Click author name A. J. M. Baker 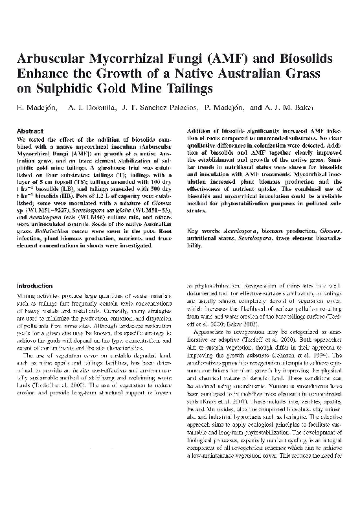click(x=284, y=106)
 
